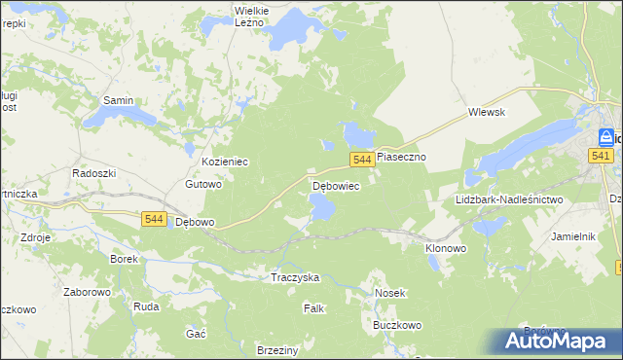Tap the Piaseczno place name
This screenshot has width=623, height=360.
point(402,156)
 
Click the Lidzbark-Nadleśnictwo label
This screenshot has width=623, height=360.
point(509,199)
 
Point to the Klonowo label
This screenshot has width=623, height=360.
point(446,248)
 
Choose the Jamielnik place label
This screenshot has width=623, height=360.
point(572,236)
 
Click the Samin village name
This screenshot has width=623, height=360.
point(118,100)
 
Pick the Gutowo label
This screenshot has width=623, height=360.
point(204,183)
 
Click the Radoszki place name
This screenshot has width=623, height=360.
point(94,172)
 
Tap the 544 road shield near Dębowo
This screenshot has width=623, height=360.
point(152,219)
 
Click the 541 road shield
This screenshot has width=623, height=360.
point(601,156)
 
